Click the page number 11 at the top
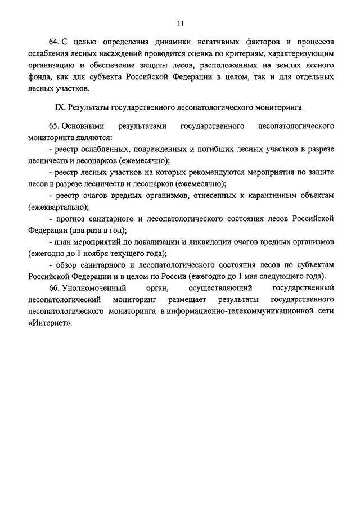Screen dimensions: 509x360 coord(180,24)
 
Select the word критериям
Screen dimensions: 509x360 coord(249,54)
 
